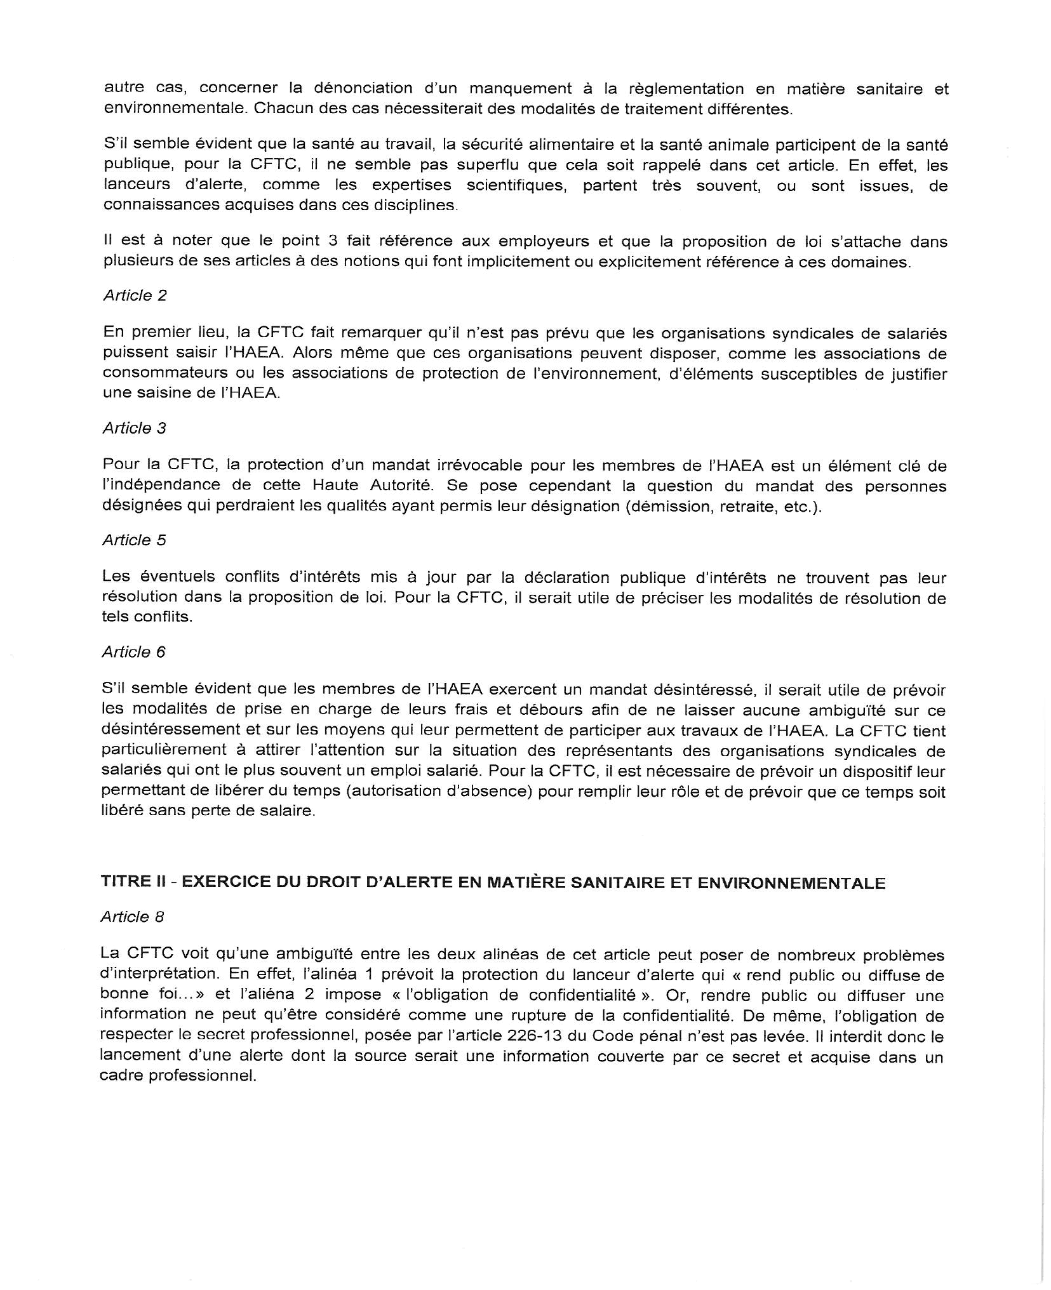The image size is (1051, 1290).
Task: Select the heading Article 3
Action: click(x=134, y=429)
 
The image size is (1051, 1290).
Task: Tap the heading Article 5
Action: click(x=134, y=540)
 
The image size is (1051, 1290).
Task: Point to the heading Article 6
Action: click(x=133, y=653)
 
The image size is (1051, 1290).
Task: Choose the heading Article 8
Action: click(x=132, y=917)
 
